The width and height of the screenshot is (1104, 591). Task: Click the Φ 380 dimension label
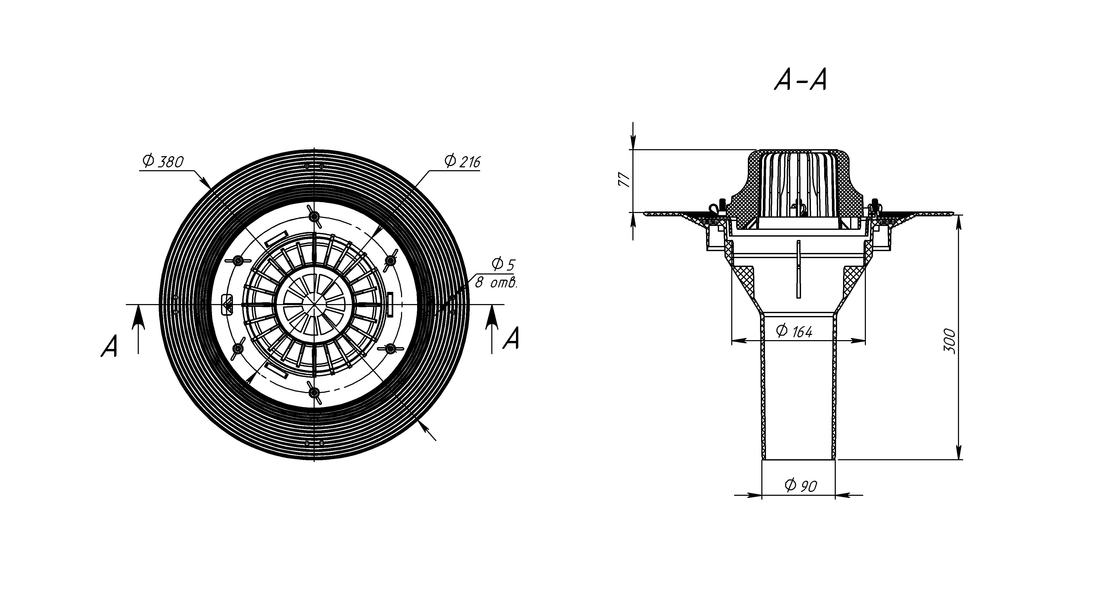tap(163, 162)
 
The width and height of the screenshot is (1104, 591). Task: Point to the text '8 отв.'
tap(496, 283)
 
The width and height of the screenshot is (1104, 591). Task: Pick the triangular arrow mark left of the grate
tap(227, 305)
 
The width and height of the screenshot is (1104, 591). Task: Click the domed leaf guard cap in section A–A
tap(797, 180)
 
